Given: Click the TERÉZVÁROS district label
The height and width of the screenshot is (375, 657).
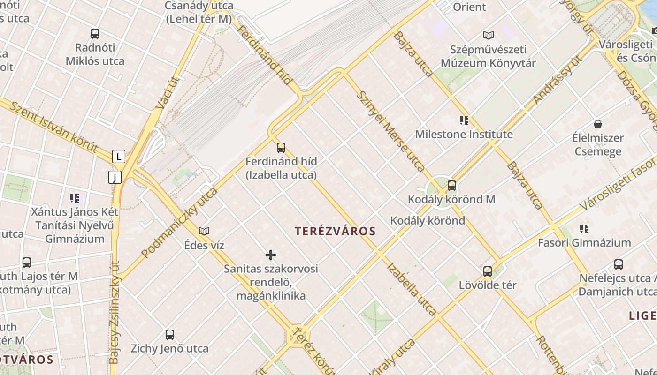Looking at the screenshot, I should coord(336,231).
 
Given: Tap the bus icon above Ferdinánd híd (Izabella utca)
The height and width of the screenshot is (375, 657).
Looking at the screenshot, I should coord(281,148).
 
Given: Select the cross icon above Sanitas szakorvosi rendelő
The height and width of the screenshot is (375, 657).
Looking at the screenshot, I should coord(271,255).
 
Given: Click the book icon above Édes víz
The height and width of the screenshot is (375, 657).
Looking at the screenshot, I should coord(204,231).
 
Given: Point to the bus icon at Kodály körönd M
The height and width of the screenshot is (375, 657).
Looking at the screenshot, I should coord(452,186).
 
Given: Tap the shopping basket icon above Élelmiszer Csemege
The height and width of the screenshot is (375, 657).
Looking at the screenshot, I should coord(598,124).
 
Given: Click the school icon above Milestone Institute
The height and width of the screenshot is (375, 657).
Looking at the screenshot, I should coord(464,120).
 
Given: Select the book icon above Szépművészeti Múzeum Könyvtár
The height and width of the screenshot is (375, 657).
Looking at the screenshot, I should coord(489,35).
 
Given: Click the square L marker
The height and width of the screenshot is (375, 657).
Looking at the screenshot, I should coord(119,157).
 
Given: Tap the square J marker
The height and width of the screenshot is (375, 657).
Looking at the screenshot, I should coord(115,177).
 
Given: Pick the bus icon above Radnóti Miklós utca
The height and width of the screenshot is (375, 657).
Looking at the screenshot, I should coord(95,34).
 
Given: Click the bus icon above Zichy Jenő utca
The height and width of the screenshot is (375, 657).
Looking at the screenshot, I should coord(170,335).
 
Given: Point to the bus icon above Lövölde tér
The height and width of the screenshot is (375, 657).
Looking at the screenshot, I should coord(488,271).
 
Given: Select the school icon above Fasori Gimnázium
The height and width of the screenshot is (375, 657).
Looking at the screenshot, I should coord(584,229).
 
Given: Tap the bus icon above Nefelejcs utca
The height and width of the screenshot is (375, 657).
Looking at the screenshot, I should coord(619,264).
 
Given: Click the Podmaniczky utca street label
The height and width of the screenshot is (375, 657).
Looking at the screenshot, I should coord(180,223).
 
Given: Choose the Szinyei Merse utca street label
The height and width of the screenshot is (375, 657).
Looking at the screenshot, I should coord(390,131).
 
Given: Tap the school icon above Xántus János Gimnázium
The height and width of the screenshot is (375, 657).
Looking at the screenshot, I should coord(75,198).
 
